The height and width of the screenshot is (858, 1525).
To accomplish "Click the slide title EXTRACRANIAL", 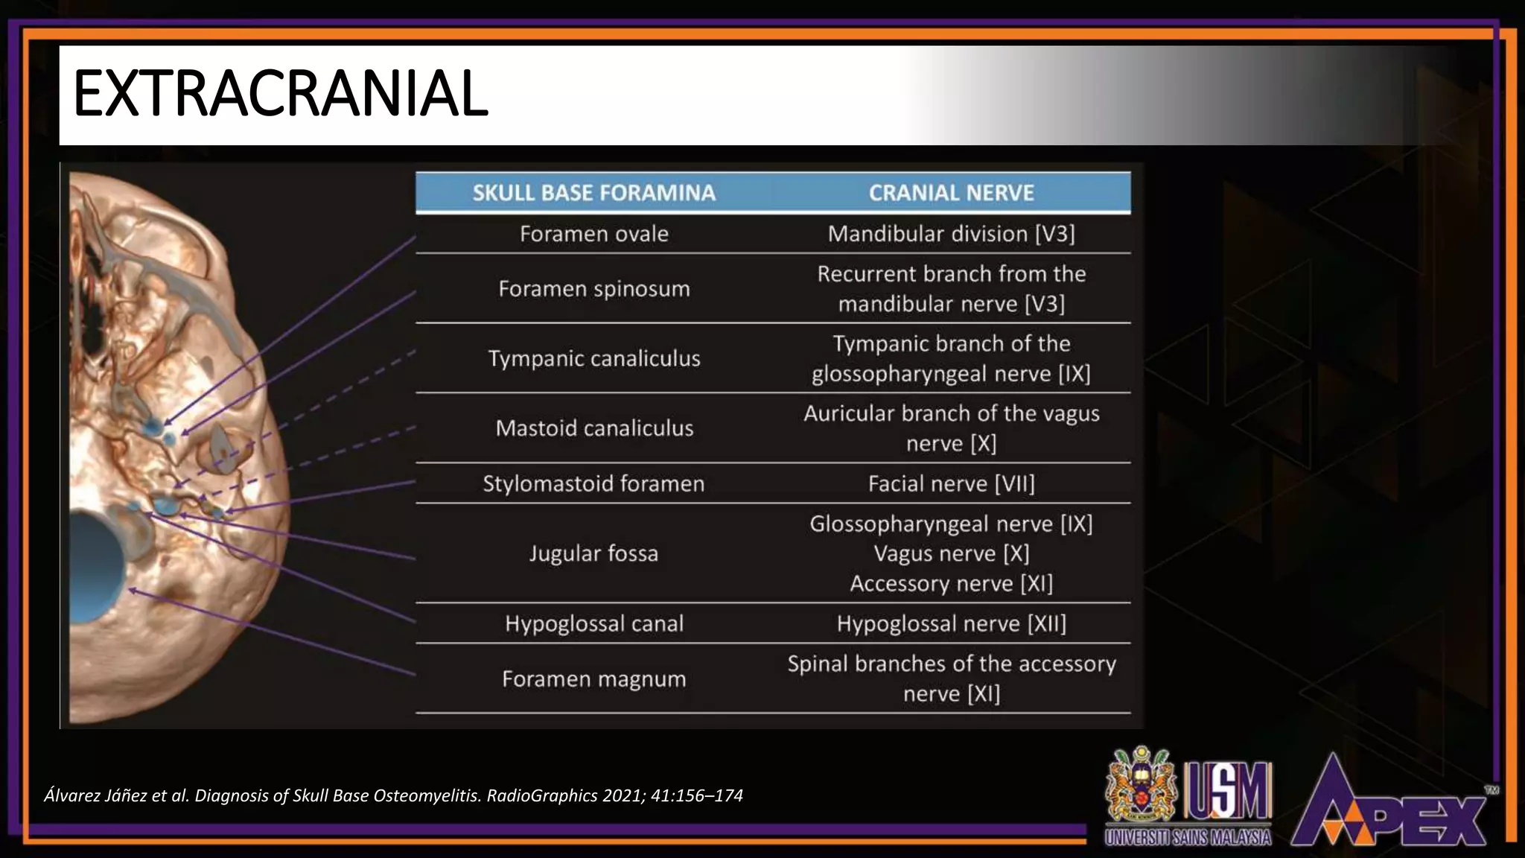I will click(x=281, y=94).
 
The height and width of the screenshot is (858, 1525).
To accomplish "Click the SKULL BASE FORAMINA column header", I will click(x=593, y=193).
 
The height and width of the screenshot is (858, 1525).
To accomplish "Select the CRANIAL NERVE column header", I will click(x=951, y=193).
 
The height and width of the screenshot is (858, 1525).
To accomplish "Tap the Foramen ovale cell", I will click(x=593, y=234).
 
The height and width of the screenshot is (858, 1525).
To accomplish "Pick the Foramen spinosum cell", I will click(x=593, y=289).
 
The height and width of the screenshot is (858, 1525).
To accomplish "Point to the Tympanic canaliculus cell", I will click(x=593, y=358).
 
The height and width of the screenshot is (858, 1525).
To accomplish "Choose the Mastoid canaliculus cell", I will click(x=593, y=428).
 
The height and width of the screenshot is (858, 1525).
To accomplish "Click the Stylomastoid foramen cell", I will click(x=593, y=484).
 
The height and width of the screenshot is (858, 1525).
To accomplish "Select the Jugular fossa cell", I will click(x=593, y=553).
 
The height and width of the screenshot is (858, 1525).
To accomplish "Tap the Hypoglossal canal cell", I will click(x=593, y=623).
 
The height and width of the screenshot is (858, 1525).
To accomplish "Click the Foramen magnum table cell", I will click(x=593, y=679).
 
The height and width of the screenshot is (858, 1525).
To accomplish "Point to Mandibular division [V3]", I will click(x=951, y=234).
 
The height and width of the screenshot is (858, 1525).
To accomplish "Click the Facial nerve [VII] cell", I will click(x=951, y=484).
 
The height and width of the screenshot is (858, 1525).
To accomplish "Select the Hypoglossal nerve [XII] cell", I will click(x=951, y=623).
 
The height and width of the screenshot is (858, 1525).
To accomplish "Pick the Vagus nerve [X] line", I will click(x=951, y=553).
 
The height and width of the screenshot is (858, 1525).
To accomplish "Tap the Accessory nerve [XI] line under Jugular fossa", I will click(x=951, y=583).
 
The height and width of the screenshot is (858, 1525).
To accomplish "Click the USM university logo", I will click(x=1188, y=797).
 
